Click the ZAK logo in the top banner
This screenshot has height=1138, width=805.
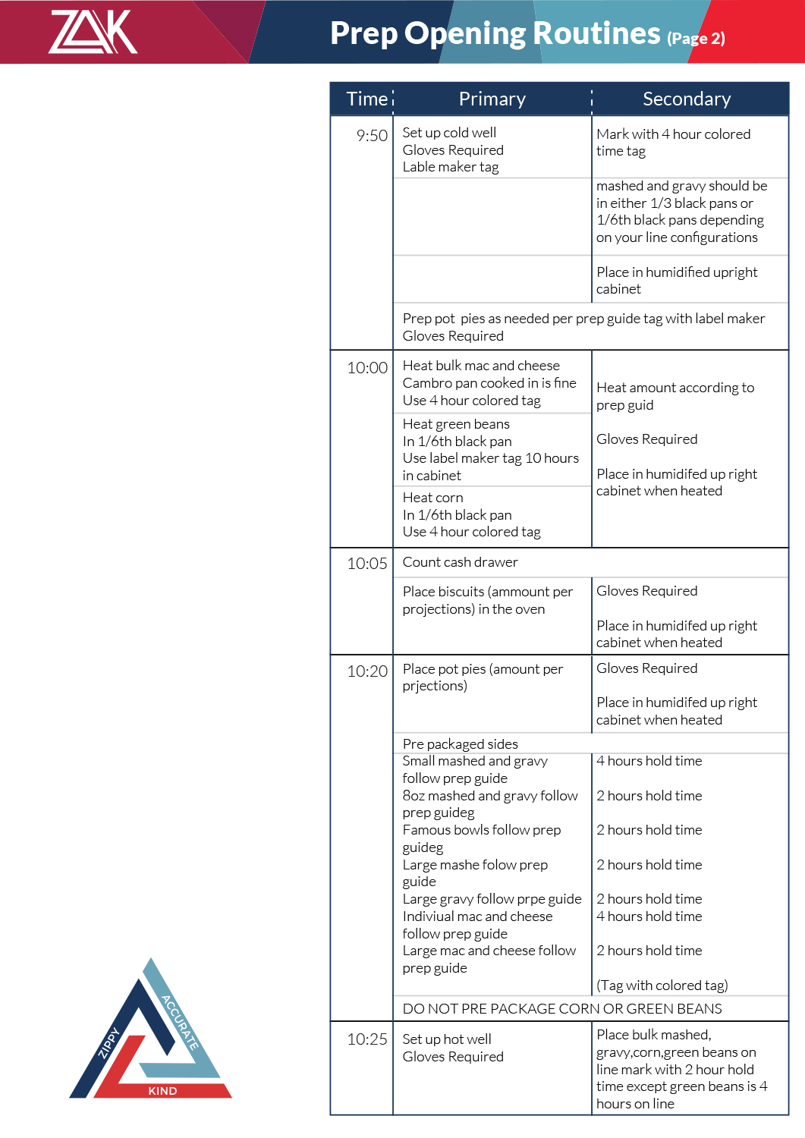pos(93,32)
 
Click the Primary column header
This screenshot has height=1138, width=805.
pos(492,99)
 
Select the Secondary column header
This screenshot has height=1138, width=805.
pos(687,99)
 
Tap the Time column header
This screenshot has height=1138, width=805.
pos(367,99)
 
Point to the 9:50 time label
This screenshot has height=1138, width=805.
pos(372,136)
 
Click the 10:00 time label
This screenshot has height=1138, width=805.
pos(367,368)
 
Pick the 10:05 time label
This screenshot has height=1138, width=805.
pos(367,564)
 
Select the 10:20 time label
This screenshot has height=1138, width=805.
pos(367,671)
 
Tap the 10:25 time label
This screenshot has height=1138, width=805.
pos(367,1039)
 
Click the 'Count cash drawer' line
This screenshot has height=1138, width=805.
pos(460,562)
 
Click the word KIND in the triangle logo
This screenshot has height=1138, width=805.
pos(162,1091)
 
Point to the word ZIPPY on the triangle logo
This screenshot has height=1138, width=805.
pos(109,1042)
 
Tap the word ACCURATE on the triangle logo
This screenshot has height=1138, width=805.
pos(181,1022)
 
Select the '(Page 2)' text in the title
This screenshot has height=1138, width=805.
pos(696,38)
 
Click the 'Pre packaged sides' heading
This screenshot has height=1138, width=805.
pos(460,744)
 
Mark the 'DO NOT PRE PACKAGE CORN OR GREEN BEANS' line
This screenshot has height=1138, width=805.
pos(562,1008)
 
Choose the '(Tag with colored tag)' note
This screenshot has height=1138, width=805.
pos(662,986)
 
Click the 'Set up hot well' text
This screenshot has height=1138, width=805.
pos(447,1039)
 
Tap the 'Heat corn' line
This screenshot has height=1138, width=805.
pos(432,498)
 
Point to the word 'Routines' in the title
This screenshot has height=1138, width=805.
pos(596,33)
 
